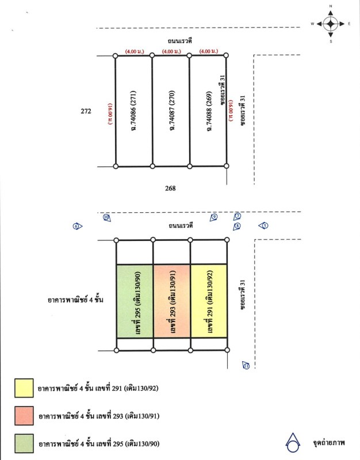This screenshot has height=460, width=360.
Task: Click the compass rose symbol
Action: (x=331, y=24)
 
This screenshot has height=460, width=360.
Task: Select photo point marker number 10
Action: (x=106, y=217)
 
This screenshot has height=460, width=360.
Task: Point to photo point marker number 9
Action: (x=214, y=217)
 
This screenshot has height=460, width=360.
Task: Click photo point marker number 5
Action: (x=265, y=226)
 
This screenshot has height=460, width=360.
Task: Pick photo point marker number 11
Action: (x=246, y=365)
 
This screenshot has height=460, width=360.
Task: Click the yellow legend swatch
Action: (x=24, y=388)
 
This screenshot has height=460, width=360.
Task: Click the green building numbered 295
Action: (x=135, y=301)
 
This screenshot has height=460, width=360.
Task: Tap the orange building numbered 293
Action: (x=171, y=301)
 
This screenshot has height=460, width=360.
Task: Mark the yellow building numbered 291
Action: (x=209, y=301)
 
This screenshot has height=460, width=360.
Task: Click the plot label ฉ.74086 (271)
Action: (x=133, y=111)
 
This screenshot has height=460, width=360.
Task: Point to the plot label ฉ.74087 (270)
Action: (x=171, y=111)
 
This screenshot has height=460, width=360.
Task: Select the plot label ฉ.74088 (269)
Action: (x=208, y=111)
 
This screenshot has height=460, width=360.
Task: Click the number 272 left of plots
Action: (x=86, y=112)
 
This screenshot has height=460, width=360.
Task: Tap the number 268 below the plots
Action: (x=170, y=188)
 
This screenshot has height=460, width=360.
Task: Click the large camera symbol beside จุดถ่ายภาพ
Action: (x=294, y=442)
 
